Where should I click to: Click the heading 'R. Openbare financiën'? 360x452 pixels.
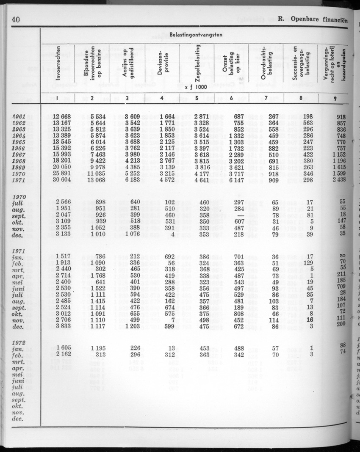313,19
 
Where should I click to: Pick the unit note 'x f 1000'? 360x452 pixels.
195,87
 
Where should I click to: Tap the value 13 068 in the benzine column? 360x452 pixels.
100,180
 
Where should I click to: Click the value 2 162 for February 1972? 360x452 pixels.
64,355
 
